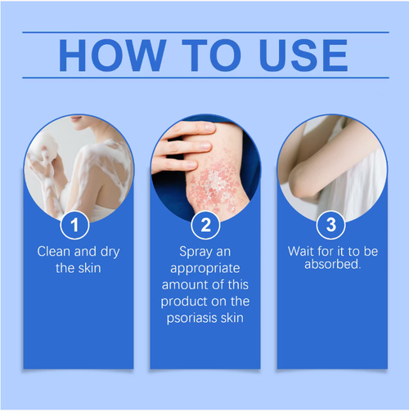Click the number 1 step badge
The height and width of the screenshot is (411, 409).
[77, 224]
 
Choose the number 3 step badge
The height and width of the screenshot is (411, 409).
[331, 224]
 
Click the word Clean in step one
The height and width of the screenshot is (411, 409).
[54, 252]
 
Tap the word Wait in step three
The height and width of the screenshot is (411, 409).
[302, 252]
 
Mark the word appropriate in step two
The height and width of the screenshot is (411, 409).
[204, 267]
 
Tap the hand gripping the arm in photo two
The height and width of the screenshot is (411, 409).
[182, 147]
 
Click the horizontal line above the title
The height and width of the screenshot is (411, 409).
[204, 32]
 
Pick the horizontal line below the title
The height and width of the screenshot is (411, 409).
[204, 78]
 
